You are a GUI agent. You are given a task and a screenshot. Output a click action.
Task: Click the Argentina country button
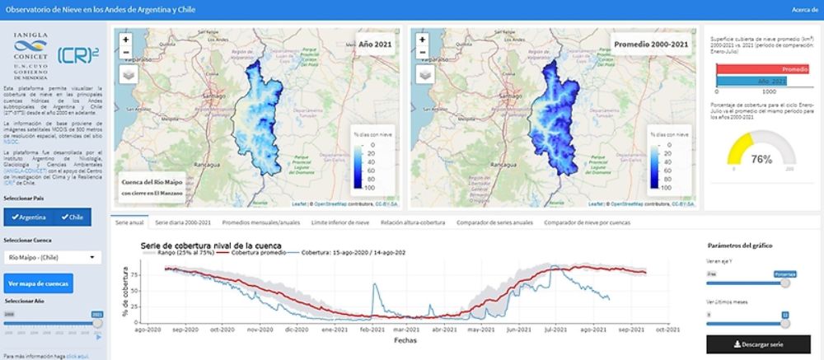click(x=28, y=217)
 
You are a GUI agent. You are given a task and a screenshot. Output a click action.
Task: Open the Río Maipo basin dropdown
click(x=53, y=257)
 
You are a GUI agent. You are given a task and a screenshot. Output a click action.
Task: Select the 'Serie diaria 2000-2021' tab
click(x=183, y=222)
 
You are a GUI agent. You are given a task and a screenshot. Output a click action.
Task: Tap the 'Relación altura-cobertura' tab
click(x=413, y=222)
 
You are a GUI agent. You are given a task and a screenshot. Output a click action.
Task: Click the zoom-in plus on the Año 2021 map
click(x=125, y=39)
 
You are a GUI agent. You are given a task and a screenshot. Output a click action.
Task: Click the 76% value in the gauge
click(x=761, y=159)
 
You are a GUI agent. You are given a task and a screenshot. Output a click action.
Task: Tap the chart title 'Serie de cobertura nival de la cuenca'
click(x=211, y=245)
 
